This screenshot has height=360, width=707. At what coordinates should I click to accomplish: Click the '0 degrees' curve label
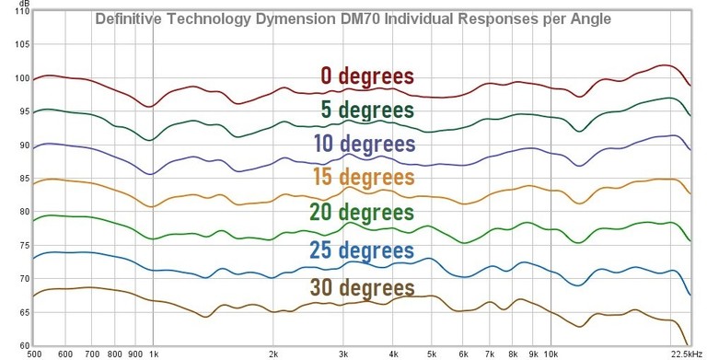click(366, 76)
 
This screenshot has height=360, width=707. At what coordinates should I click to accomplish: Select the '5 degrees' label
click(366, 110)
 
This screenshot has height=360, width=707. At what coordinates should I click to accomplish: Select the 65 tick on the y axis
click(17, 313)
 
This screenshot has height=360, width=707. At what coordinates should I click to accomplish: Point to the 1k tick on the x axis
click(152, 353)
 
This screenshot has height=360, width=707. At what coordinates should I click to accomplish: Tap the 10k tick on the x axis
click(551, 353)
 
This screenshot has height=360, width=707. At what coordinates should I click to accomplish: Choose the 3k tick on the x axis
click(343, 353)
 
